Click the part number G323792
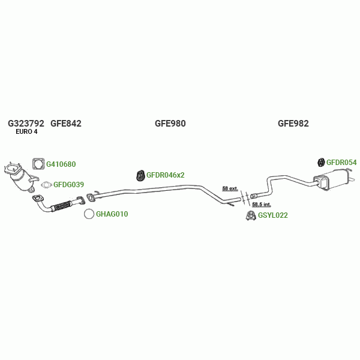pyautogui.click(x=26, y=124)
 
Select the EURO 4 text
pyautogui.click(x=26, y=132)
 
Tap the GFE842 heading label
pyautogui.click(x=66, y=124)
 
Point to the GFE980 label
pyautogui.click(x=170, y=124)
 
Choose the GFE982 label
pyautogui.click(x=293, y=124)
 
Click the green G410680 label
pyautogui.click(x=61, y=164)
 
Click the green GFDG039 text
pyautogui.click(x=68, y=185)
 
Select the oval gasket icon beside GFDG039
pyautogui.click(x=46, y=185)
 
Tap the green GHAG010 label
pyautogui.click(x=112, y=214)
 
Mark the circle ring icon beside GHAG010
pyautogui.click(x=88, y=214)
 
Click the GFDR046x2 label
pyautogui.click(x=166, y=175)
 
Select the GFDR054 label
pyautogui.click(x=341, y=163)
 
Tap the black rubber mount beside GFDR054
pyautogui.click(x=321, y=162)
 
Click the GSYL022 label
pyautogui.click(x=273, y=215)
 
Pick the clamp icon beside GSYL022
pyautogui.click(x=250, y=215)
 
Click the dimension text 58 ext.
pyautogui.click(x=230, y=188)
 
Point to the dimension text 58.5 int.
pyautogui.click(x=262, y=205)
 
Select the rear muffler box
pyautogui.click(x=334, y=179)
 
